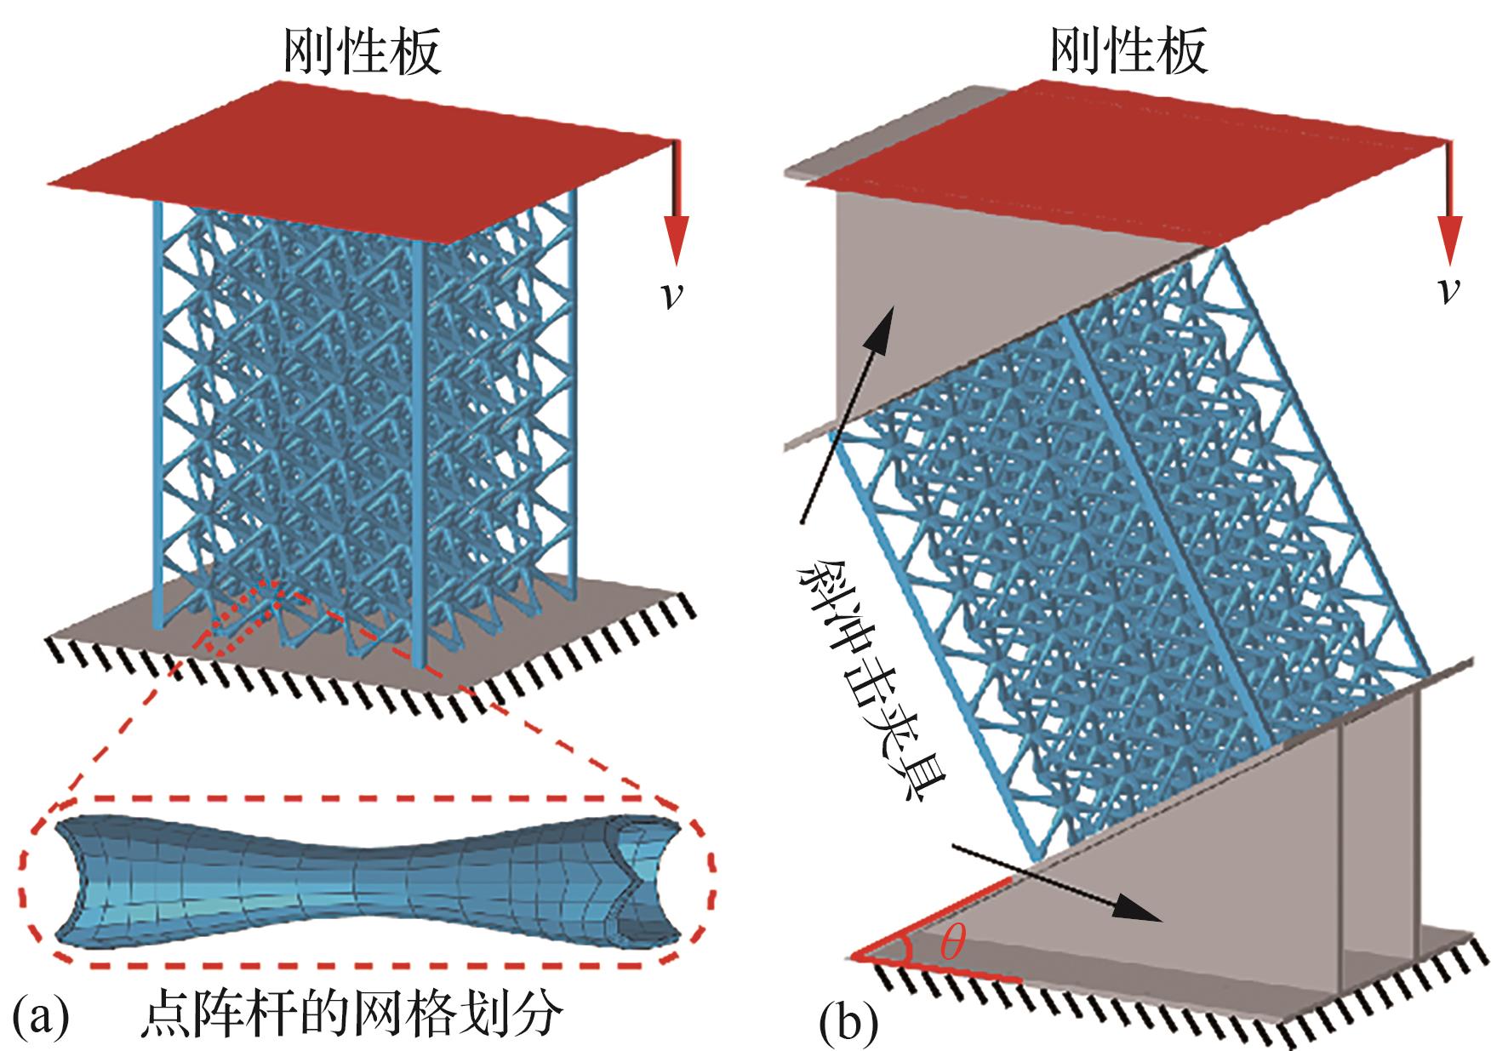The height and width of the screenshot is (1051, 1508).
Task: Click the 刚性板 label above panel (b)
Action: tap(1128, 53)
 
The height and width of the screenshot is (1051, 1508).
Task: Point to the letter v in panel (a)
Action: tap(672, 294)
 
